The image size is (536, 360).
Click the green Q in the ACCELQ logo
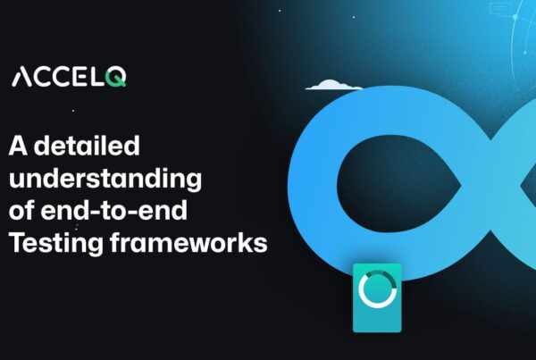[x=116, y=78]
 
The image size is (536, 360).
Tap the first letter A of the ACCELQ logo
[x=21, y=78]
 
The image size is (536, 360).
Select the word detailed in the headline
[x=88, y=146]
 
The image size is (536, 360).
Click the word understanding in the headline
[x=105, y=178]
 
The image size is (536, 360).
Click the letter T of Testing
[x=18, y=242]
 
